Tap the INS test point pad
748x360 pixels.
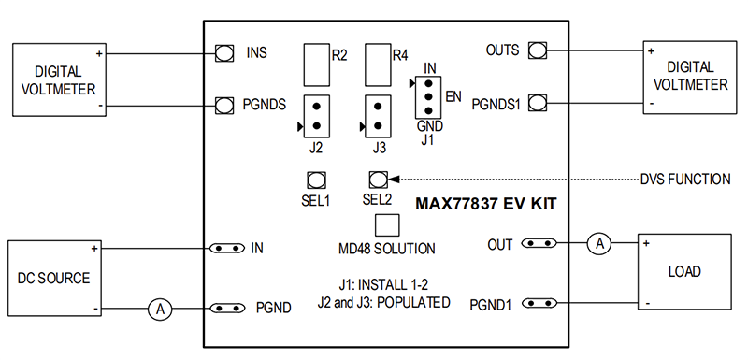223,53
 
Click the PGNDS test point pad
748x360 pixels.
223,105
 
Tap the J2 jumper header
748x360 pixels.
316,116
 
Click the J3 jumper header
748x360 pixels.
378,116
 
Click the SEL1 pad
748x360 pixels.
316,179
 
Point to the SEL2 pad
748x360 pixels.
378,179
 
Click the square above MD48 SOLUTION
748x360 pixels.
386,225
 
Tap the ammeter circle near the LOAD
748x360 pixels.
601,244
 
